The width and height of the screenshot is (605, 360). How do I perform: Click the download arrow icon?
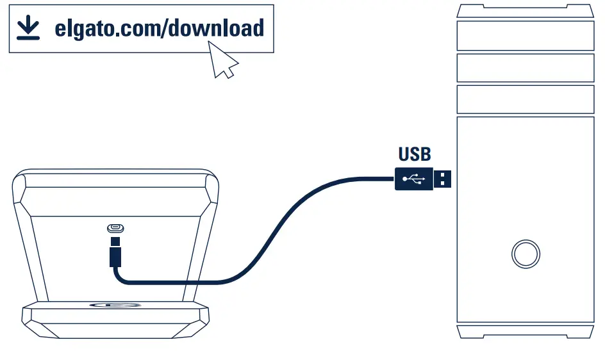tap(28, 28)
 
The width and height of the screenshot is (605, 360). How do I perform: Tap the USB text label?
tap(415, 154)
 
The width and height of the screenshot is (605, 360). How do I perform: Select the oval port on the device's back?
tap(115, 228)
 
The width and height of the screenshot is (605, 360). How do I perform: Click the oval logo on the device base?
tap(115, 305)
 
